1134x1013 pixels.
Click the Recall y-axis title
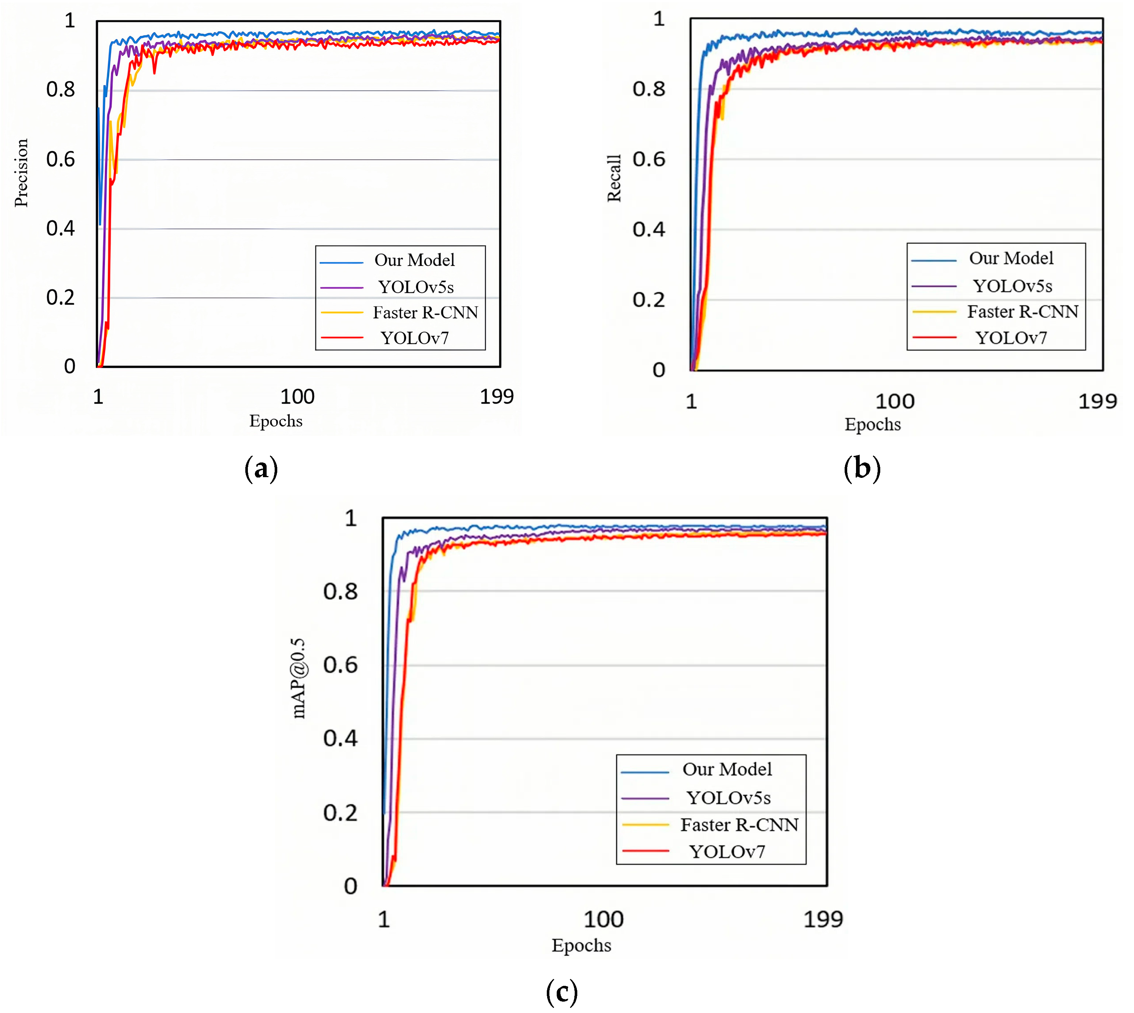click(x=614, y=178)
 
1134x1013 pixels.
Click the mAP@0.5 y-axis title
click(x=299, y=678)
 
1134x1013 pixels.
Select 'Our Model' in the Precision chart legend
click(x=414, y=260)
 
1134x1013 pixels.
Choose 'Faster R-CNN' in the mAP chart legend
click(x=739, y=824)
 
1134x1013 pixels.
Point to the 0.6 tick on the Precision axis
click(x=60, y=160)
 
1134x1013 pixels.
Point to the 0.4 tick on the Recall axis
click(x=648, y=229)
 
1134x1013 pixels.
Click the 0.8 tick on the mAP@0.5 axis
click(x=340, y=591)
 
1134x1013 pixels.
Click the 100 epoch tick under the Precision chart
click(x=297, y=397)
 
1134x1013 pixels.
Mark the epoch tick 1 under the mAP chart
click(x=384, y=919)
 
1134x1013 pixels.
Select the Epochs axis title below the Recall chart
click(x=872, y=424)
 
